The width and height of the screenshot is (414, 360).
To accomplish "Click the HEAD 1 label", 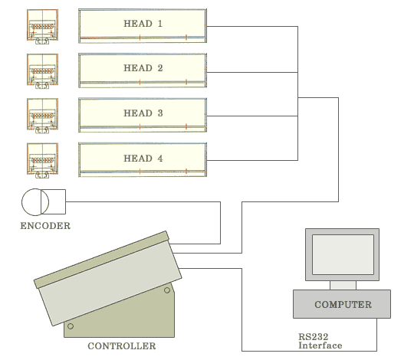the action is click(x=143, y=24).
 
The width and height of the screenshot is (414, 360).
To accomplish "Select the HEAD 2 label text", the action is click(x=143, y=68).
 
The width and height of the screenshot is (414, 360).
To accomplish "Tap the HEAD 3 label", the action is click(x=143, y=113).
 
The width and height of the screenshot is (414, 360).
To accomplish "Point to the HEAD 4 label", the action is click(x=143, y=159).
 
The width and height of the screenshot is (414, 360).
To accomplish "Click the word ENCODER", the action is click(x=45, y=226).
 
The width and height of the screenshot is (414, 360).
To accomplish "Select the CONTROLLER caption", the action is click(x=122, y=346).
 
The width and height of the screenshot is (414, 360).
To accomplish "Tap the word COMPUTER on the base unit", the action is click(x=343, y=305).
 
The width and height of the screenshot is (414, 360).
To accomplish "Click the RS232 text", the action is click(x=314, y=337).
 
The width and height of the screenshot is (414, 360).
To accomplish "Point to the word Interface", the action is click(x=320, y=345).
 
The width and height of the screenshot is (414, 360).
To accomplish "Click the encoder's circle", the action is click(x=22, y=202).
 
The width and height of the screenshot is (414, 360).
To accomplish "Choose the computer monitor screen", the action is click(x=343, y=254).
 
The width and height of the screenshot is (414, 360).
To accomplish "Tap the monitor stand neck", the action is click(x=343, y=286).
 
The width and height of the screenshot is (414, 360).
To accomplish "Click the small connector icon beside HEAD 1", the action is click(x=42, y=26).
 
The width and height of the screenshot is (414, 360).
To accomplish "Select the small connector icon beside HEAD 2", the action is click(x=42, y=71).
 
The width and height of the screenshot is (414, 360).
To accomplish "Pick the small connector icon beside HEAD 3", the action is click(x=42, y=116).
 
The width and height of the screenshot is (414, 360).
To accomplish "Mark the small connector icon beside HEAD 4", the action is click(x=42, y=160).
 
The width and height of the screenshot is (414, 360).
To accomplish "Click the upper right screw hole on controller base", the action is click(x=167, y=290).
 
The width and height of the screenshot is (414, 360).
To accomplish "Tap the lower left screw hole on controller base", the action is click(x=71, y=326).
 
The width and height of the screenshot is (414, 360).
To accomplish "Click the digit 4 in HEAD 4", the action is click(x=160, y=159).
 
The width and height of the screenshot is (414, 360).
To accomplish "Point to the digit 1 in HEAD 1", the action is click(x=160, y=24).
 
